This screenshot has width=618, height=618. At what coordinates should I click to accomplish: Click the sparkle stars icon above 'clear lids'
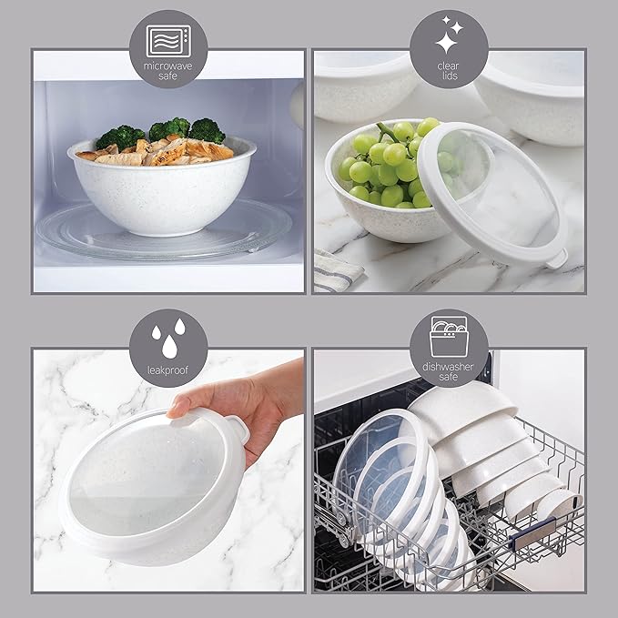[x=449, y=35]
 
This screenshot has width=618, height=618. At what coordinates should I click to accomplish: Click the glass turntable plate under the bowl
[x=164, y=232]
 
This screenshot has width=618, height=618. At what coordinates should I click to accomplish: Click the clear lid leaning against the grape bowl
[x=496, y=191]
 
